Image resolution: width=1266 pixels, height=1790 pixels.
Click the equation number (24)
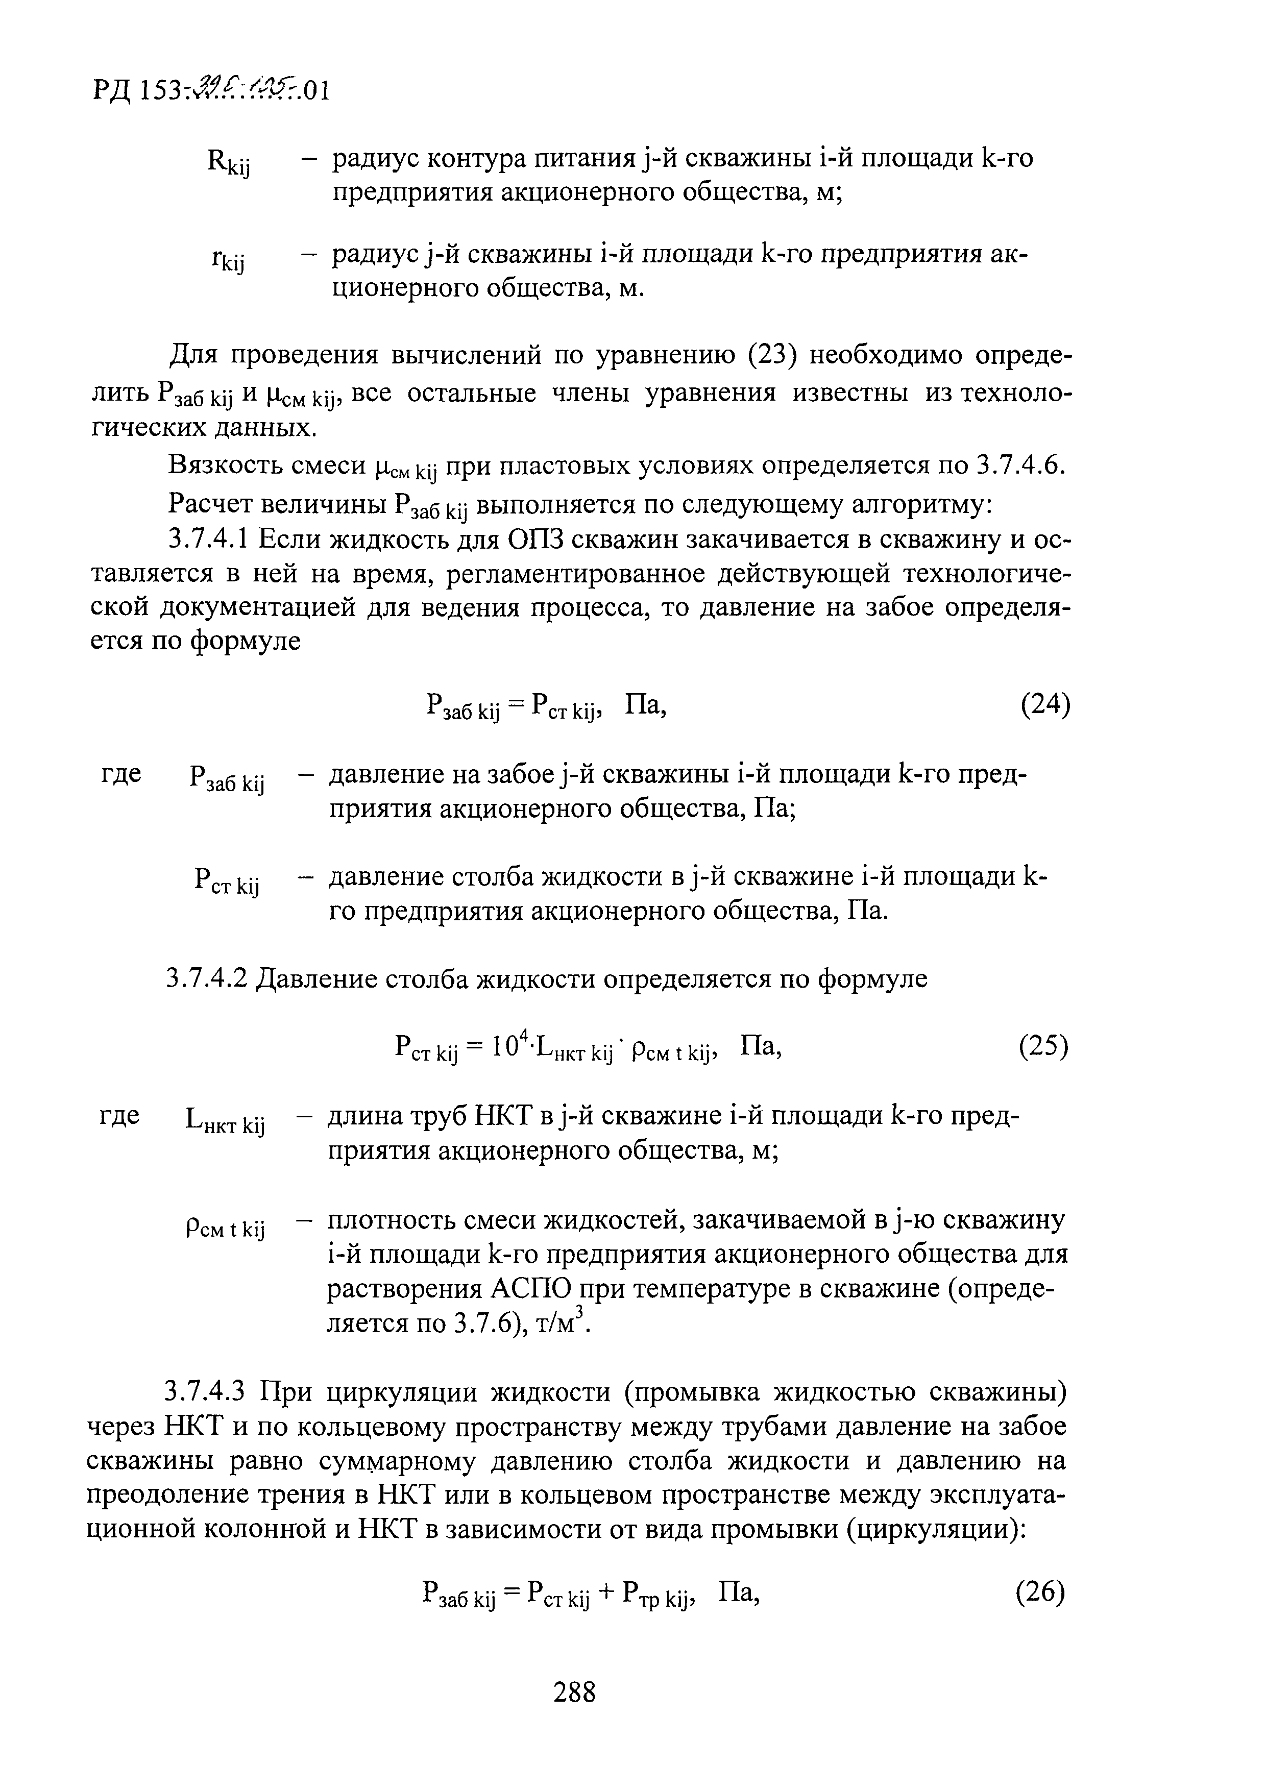1044,705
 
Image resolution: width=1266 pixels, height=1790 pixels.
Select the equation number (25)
1043,1047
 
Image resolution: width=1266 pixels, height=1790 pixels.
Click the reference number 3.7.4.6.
1019,465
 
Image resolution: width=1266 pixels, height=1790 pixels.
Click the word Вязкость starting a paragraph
223,465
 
